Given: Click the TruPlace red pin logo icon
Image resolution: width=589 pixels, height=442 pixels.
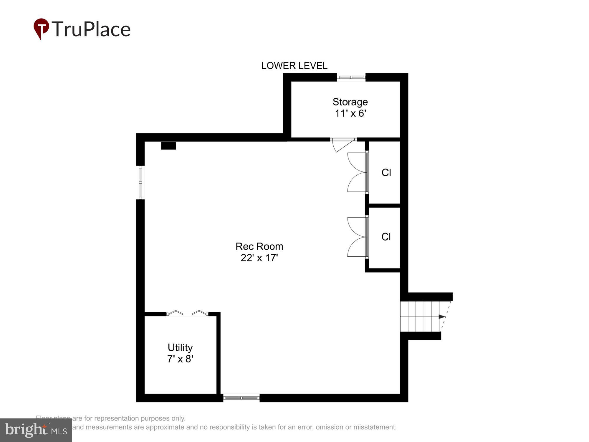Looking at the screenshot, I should [41, 28].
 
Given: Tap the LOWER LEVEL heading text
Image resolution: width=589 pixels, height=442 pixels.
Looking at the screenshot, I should [294, 66].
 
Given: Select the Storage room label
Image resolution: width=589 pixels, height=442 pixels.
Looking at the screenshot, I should [350, 102].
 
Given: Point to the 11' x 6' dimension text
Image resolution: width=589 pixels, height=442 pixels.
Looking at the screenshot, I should [350, 113].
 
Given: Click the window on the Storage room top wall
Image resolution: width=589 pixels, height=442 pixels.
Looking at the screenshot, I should [351, 77].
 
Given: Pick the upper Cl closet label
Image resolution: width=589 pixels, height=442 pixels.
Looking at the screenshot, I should [386, 173].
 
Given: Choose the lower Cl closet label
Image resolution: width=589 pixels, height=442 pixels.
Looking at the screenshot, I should [386, 237].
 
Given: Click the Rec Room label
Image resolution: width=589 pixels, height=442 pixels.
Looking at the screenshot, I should [259, 246].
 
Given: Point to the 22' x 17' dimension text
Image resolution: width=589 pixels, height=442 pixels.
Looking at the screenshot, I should [259, 258].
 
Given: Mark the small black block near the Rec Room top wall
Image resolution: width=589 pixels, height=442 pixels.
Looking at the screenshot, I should [168, 146].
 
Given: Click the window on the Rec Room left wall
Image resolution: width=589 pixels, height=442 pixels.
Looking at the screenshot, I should [140, 182].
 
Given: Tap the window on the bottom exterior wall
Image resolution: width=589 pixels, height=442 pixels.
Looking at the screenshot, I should [241, 398].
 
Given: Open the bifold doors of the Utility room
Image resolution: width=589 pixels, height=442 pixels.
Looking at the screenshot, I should [188, 313].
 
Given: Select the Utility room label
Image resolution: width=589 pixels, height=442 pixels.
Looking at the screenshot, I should [180, 348].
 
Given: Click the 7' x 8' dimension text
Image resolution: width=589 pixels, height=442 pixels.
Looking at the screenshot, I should [180, 359].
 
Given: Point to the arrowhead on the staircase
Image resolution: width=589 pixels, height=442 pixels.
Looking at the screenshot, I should [442, 317].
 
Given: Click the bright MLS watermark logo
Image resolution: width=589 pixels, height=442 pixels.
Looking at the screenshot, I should [36, 430].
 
